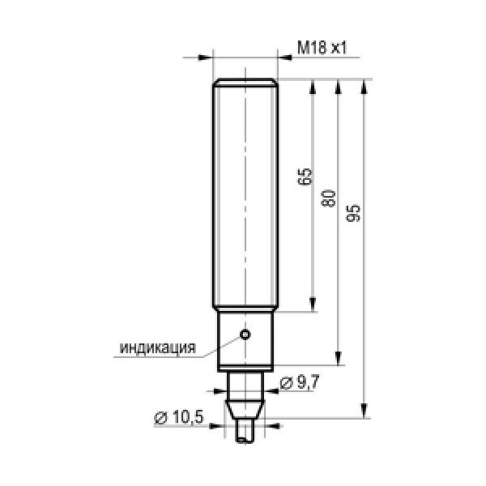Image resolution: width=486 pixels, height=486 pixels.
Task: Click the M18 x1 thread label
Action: click(322, 48)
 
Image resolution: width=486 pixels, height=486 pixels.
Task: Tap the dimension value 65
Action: click(305, 177)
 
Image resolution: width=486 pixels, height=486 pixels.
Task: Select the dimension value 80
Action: click(329, 198)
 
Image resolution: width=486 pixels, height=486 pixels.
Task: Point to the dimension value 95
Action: click(354, 213)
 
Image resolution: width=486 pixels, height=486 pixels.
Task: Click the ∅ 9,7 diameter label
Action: click(300, 382)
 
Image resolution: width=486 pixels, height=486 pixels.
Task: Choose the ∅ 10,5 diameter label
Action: click(179, 417)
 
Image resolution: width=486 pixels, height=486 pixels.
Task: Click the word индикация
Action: click(158, 348)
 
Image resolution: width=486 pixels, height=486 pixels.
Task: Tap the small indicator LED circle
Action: click(245, 335)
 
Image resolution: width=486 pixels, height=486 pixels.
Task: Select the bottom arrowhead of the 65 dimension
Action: click(313, 304)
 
